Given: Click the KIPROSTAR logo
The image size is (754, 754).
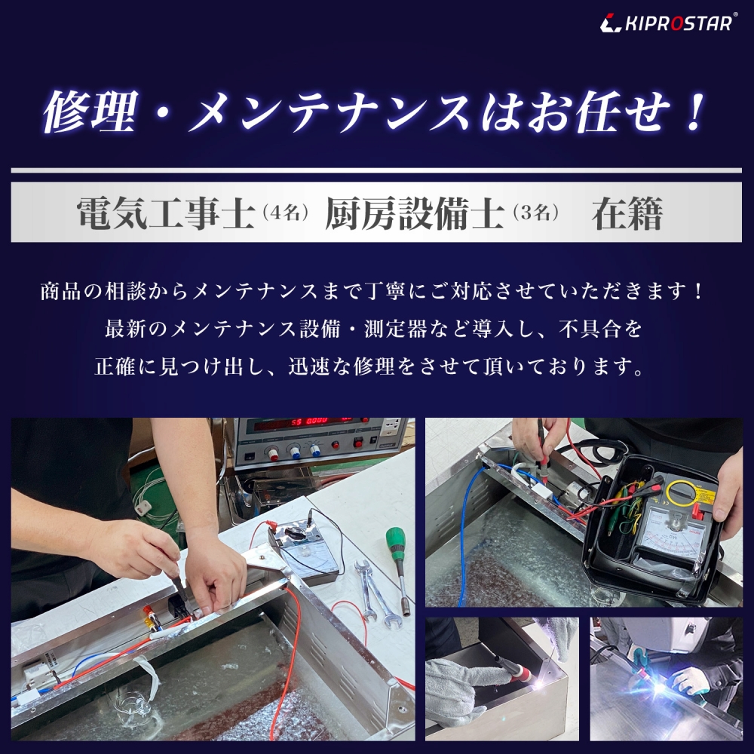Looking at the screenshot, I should point(668,23).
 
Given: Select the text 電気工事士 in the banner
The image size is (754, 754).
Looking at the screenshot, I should point(165,214).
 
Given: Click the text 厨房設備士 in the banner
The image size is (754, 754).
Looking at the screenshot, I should point(414,214).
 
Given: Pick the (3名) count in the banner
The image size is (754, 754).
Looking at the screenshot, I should point(535,214).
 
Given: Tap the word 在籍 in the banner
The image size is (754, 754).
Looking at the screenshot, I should point(627,214).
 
